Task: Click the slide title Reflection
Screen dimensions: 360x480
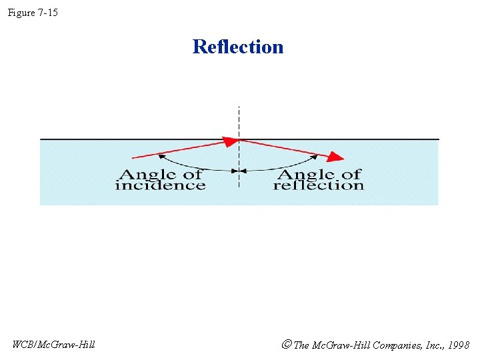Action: coord(238,47)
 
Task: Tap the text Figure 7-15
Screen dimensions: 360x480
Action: coord(33,13)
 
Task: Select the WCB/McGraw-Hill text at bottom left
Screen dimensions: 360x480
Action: coord(54,345)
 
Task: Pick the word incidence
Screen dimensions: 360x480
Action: coord(160,185)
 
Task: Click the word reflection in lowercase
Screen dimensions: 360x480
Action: coord(318,185)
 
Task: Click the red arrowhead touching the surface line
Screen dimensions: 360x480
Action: coord(231,141)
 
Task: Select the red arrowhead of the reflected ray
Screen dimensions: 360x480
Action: coord(337,157)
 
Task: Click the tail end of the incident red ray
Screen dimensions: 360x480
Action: coord(134,157)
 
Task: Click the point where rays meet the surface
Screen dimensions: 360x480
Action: coord(239,139)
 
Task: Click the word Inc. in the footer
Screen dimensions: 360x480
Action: coord(430,345)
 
